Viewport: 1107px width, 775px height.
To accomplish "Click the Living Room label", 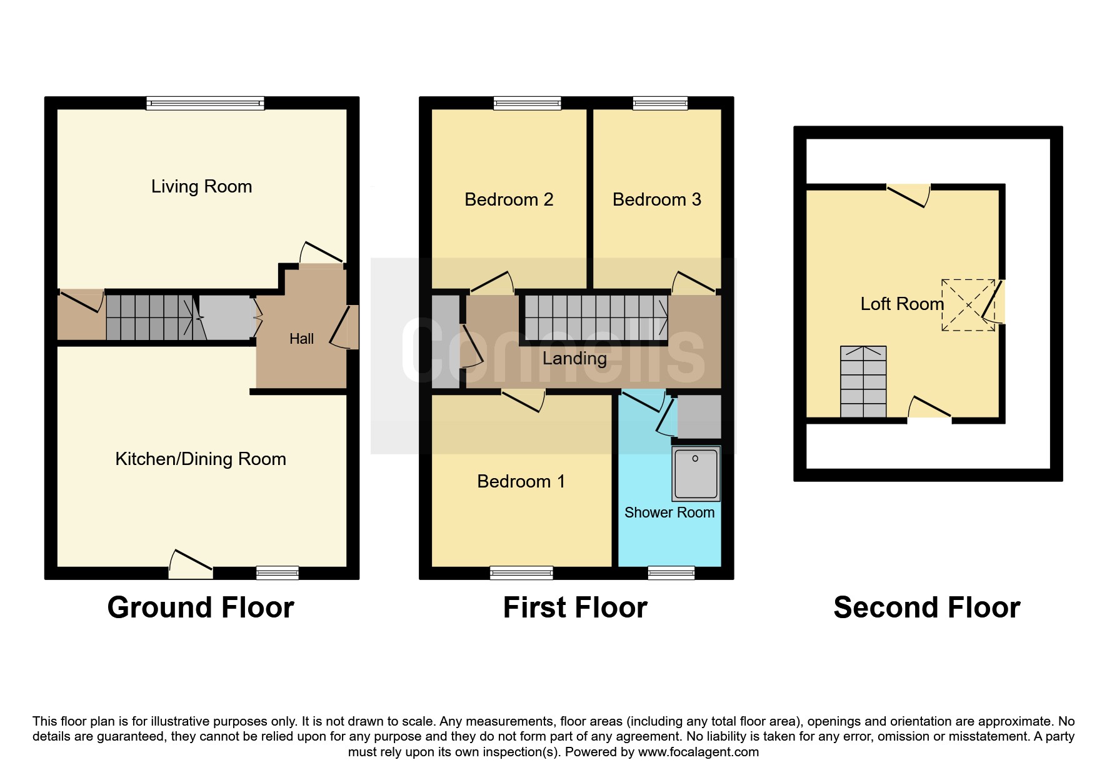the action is click(201, 187).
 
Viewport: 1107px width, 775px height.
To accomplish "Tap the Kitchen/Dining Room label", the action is click(201, 459).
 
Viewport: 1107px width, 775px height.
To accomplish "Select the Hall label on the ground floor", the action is click(301, 339).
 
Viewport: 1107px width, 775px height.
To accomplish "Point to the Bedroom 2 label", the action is click(509, 200).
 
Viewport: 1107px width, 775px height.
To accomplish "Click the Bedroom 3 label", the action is click(656, 200).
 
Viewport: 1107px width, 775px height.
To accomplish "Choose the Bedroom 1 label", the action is click(521, 481).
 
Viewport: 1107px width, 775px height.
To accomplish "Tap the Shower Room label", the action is click(669, 512).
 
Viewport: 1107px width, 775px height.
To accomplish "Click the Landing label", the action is click(574, 359).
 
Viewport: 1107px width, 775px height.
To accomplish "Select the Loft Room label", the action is click(902, 304).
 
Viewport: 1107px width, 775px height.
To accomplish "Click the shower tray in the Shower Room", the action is click(696, 474).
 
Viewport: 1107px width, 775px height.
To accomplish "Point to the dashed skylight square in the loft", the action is click(968, 305).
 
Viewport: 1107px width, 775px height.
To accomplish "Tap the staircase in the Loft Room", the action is click(863, 381).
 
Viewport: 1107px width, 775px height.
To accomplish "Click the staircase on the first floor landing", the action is click(596, 317).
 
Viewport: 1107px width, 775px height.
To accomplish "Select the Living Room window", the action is click(205, 103).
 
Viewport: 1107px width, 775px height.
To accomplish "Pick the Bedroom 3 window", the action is click(660, 103).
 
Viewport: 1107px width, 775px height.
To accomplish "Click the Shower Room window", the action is click(671, 572).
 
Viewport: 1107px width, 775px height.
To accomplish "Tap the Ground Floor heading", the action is click(201, 607).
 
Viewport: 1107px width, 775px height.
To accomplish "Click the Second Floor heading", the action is click(927, 607).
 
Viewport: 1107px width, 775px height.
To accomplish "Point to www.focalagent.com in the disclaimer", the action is click(698, 752).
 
